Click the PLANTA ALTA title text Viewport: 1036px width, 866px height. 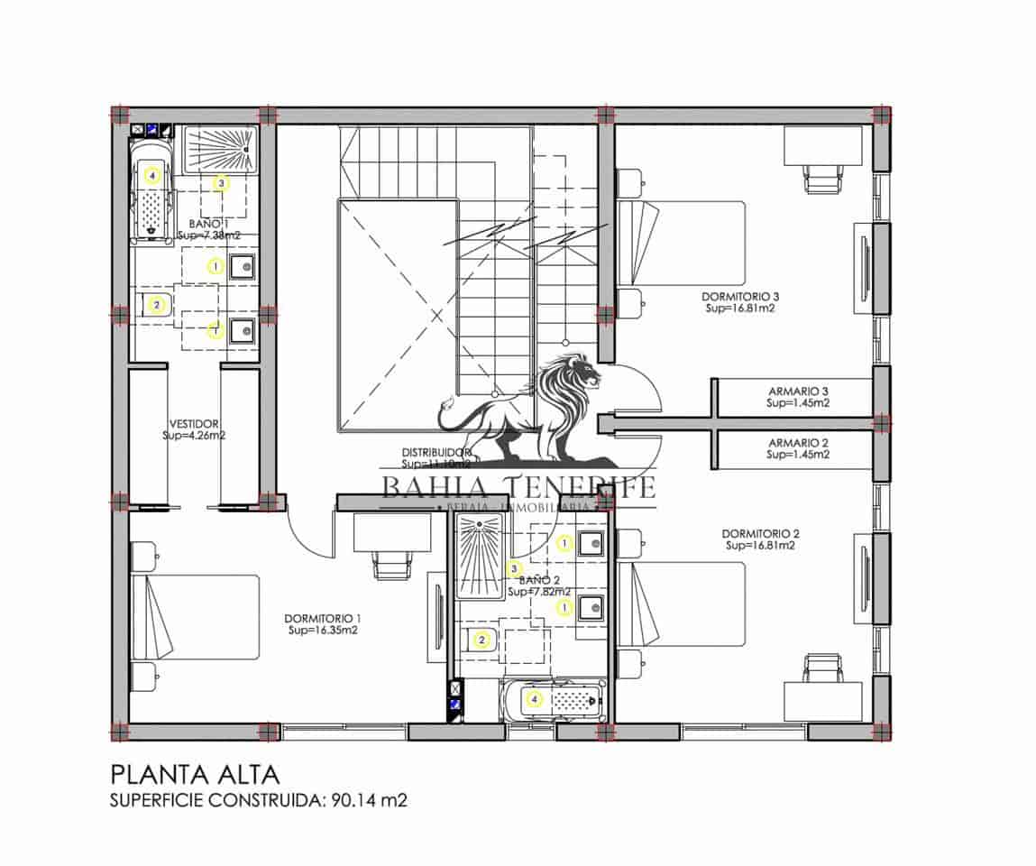click(196, 774)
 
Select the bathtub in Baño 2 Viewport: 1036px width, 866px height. click(553, 699)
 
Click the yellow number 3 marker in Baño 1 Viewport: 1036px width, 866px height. click(222, 183)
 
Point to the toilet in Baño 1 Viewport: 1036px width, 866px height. click(153, 305)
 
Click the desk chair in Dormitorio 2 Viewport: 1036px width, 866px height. click(821, 669)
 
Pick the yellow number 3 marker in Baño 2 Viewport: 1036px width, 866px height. click(514, 568)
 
